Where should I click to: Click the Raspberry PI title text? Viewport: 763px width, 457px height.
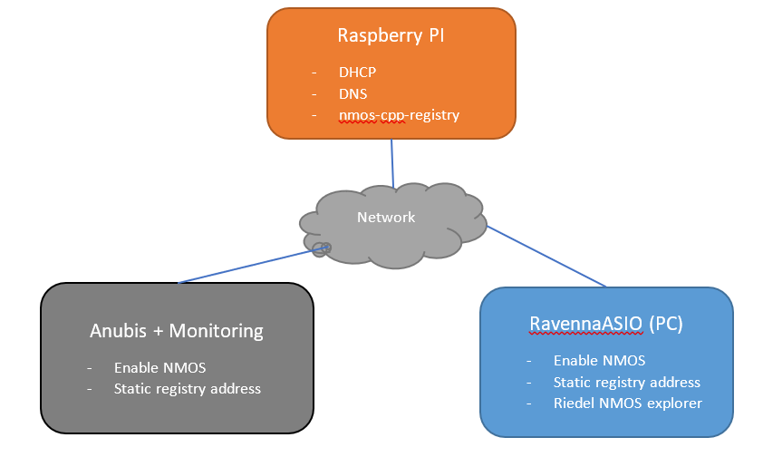tap(391, 35)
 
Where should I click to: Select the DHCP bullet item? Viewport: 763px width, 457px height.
tap(357, 72)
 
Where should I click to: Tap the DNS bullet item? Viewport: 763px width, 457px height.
tap(353, 94)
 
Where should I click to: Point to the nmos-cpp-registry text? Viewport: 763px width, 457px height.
tap(399, 115)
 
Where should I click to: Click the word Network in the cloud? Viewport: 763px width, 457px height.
tap(386, 217)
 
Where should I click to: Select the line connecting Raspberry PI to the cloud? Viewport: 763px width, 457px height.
tap(392, 163)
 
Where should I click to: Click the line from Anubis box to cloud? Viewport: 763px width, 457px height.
tap(252, 265)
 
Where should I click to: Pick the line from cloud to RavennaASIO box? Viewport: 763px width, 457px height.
tap(546, 256)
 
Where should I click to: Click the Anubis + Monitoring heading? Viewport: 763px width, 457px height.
tap(177, 331)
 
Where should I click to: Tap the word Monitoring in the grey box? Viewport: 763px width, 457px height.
tap(216, 332)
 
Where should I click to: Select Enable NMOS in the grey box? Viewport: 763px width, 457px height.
tap(159, 367)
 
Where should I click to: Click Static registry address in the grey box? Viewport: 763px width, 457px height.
tap(188, 388)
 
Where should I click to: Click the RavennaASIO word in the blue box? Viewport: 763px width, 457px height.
tap(586, 324)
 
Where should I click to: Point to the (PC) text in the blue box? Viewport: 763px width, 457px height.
tap(666, 324)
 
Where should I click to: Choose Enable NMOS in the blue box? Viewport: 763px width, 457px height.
tap(600, 360)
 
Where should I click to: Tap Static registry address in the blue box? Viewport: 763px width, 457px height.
tap(627, 382)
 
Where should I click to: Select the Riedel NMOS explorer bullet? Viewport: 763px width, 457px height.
tap(628, 403)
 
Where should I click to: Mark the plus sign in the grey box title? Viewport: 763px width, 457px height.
tap(158, 332)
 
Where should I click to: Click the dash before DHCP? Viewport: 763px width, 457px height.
tap(314, 73)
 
